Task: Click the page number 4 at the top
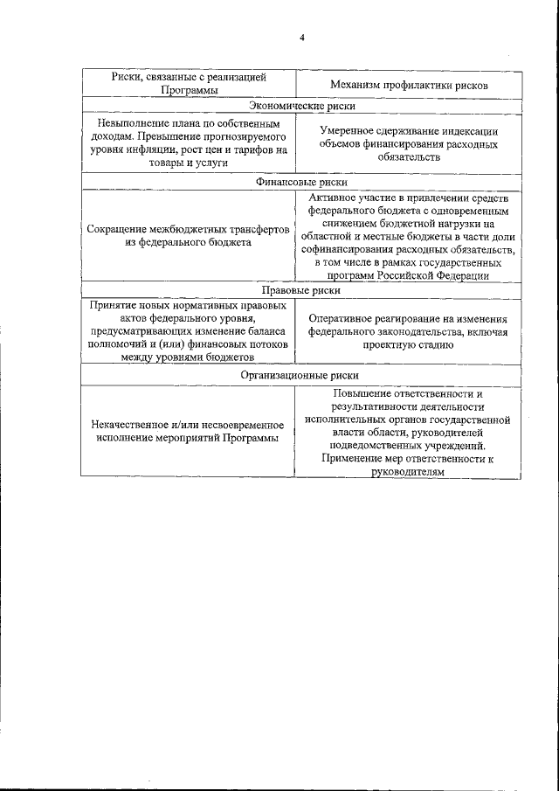pos(301,38)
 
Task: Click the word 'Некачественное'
pos(131,425)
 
